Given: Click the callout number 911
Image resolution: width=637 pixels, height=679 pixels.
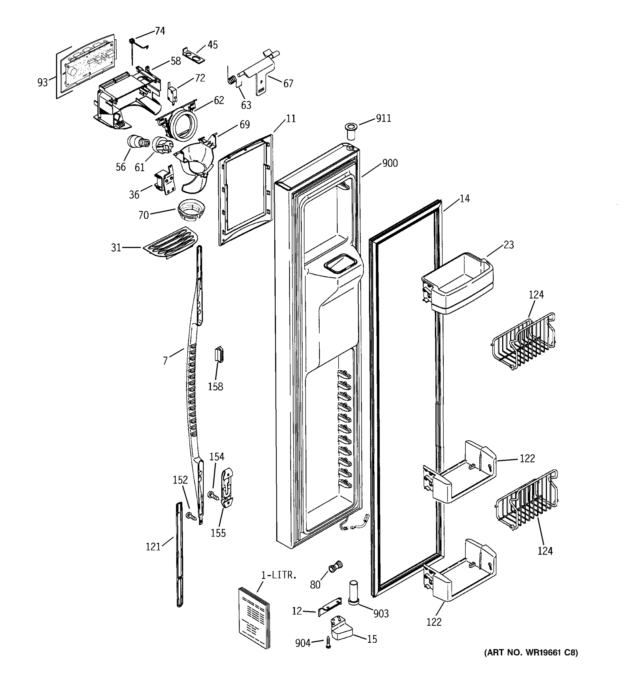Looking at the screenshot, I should point(383,118).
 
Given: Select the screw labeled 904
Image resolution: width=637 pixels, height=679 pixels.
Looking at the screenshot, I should point(328,642).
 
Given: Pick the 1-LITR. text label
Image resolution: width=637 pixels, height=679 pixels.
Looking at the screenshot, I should point(279,575).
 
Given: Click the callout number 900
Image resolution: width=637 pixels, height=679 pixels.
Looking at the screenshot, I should point(390,163).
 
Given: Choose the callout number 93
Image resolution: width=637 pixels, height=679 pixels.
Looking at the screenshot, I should point(43,82).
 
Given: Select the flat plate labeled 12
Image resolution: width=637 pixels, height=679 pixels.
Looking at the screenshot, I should point(330,606).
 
